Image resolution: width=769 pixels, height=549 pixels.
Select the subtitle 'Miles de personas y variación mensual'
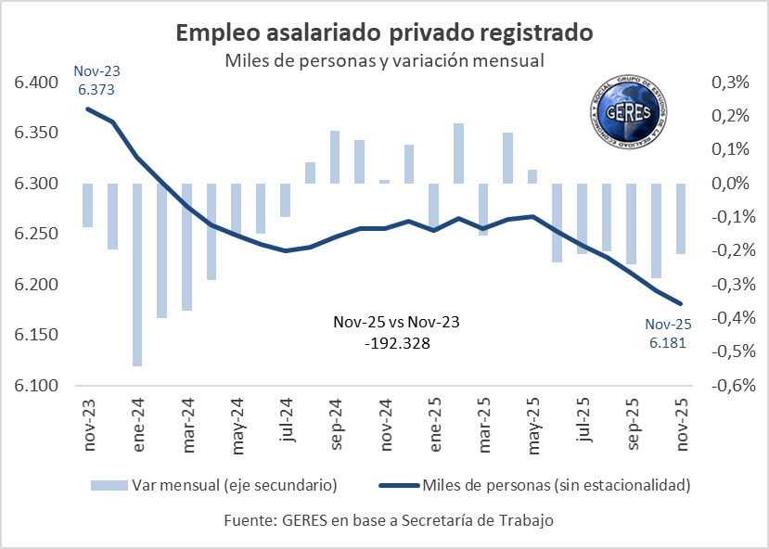[383, 60]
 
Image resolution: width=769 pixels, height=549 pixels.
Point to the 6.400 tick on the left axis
[35, 83]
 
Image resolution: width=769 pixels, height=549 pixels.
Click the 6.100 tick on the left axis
[35, 386]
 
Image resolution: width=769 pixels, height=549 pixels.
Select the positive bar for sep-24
[335, 158]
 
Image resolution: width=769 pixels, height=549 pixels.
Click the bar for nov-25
[682, 218]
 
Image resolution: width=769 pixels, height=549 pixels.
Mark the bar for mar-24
[186, 247]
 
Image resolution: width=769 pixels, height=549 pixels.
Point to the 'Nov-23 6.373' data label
[97, 79]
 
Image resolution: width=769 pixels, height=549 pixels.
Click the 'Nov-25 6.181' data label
[669, 332]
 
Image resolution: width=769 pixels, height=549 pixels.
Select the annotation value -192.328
[396, 342]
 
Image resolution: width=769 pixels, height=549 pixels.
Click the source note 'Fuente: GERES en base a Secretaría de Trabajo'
[389, 520]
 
